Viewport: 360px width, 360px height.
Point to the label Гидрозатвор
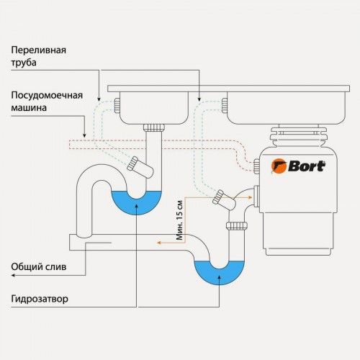(40, 298)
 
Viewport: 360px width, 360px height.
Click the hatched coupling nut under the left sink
(153, 128)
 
